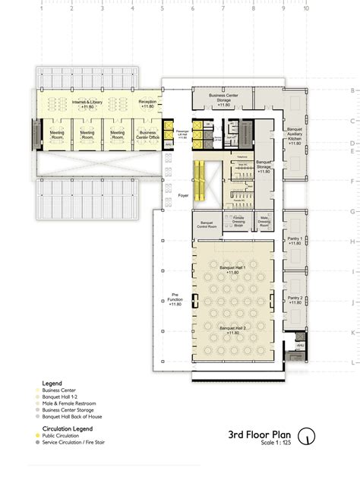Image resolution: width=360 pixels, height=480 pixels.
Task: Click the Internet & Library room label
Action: [x=87, y=103]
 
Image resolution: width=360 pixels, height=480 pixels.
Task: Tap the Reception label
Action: [x=147, y=103]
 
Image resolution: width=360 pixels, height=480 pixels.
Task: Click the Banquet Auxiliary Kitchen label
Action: [x=294, y=133]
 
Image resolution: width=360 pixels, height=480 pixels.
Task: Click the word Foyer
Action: [x=183, y=195]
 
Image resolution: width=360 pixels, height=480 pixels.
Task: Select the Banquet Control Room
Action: [x=204, y=224]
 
